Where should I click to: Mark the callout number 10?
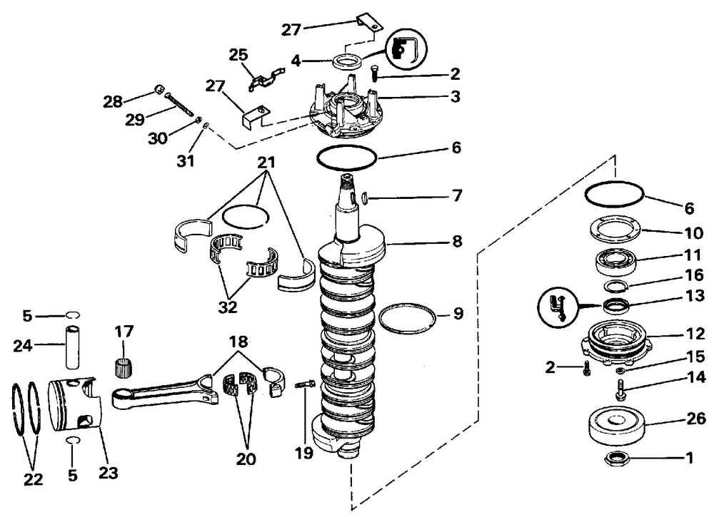pyautogui.click(x=693, y=232)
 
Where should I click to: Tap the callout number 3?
pyautogui.click(x=455, y=96)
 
